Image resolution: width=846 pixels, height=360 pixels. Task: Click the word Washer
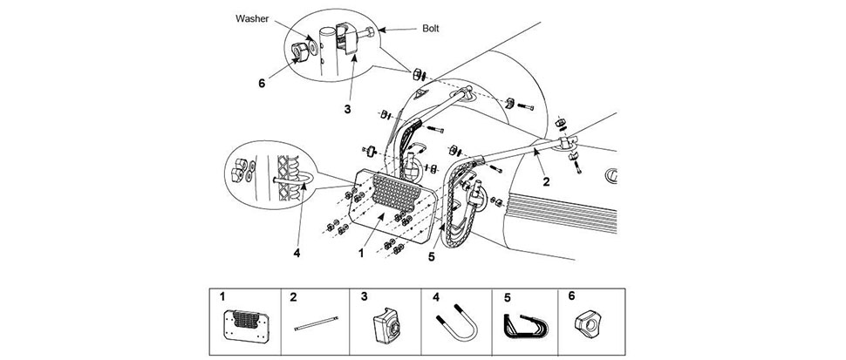252,18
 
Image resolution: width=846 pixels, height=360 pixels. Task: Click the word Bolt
430,29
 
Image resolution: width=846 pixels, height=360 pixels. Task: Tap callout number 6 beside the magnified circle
263,84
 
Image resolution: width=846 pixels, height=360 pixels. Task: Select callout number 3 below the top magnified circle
347,109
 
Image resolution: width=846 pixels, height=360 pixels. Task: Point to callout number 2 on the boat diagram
547,181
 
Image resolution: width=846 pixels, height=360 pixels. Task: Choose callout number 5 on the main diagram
431,257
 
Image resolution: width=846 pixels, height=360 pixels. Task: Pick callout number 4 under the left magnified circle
297,252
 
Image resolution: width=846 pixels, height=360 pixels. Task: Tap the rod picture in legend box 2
317,323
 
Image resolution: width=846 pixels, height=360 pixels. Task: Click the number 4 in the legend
436,295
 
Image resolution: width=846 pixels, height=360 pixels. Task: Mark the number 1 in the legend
222,295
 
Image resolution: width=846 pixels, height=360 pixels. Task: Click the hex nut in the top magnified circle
299,51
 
